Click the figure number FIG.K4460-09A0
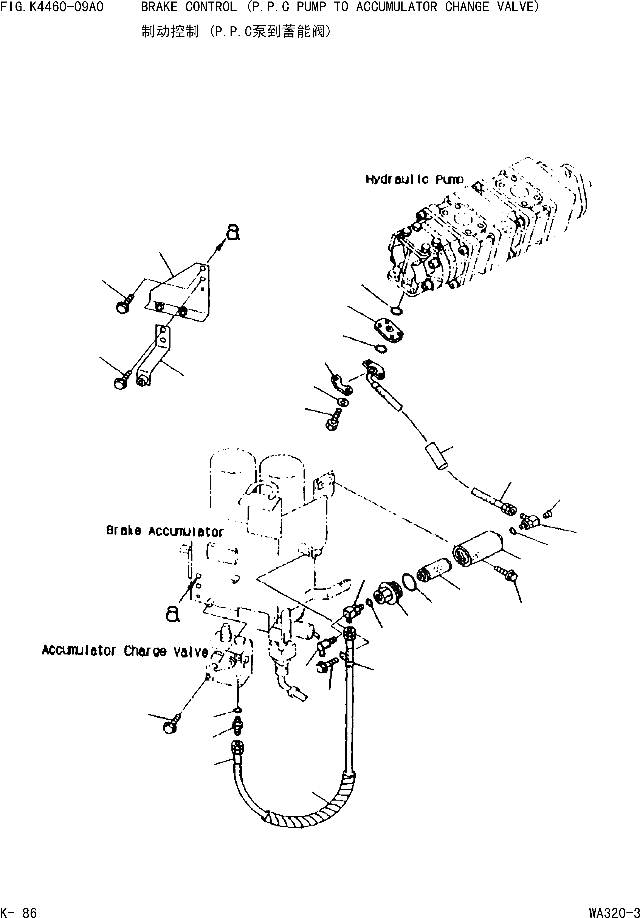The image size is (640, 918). coord(52,7)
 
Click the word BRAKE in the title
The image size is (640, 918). coord(159,7)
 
